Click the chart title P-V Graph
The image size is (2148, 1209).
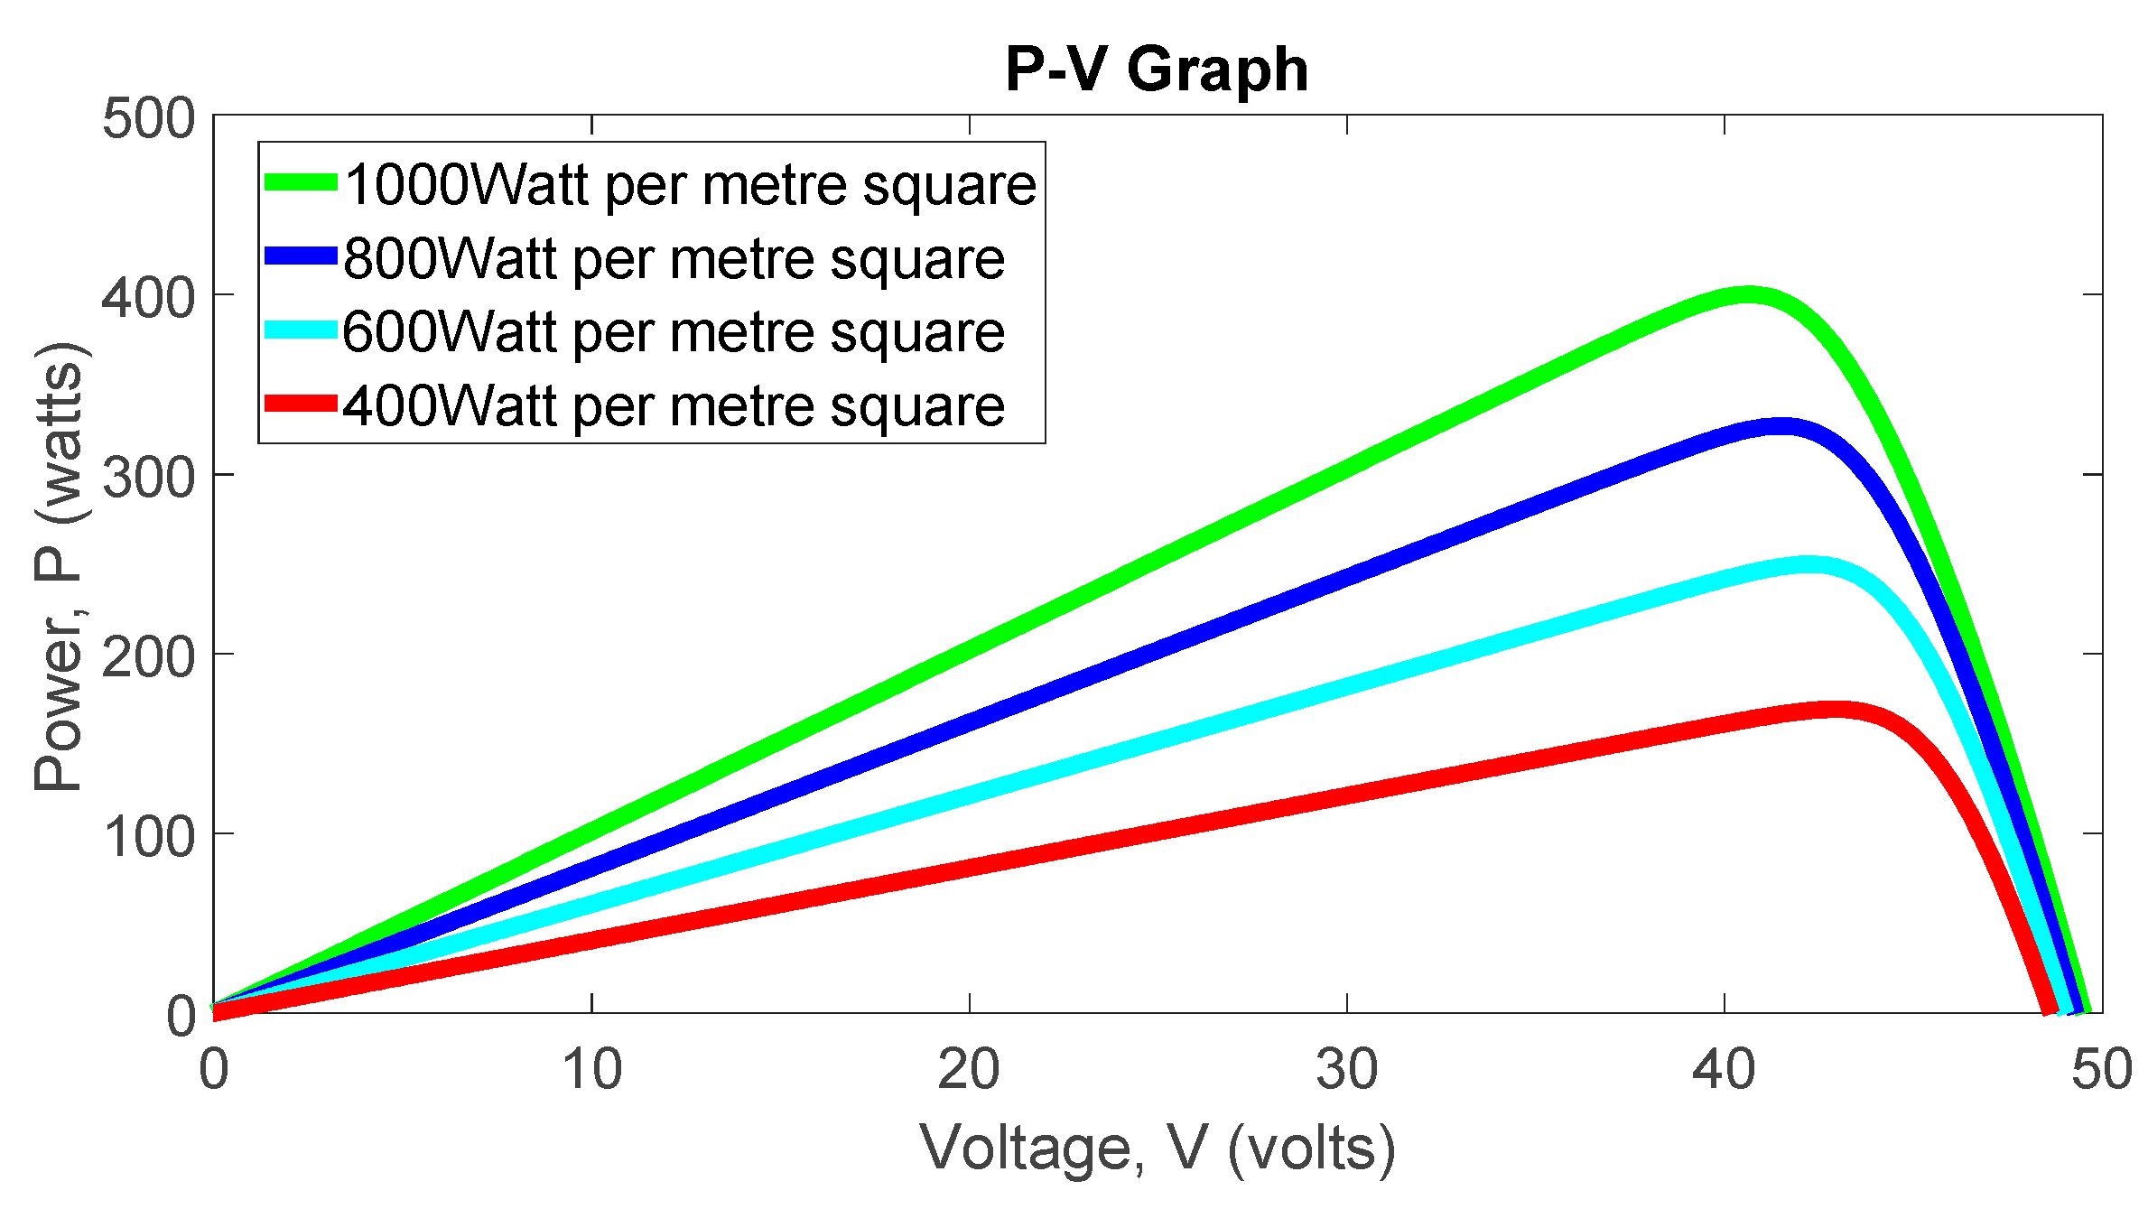(x=1157, y=70)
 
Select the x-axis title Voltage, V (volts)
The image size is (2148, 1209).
(x=1158, y=1148)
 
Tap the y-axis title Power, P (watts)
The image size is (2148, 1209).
(x=60, y=566)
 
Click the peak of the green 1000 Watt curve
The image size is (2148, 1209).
(x=1748, y=295)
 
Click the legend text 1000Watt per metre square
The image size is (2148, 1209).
(x=690, y=185)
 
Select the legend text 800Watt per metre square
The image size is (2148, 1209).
(x=674, y=258)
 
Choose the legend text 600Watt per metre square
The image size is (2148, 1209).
(x=674, y=331)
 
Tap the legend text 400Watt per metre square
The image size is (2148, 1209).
(x=674, y=405)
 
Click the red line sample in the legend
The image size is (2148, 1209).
(x=301, y=403)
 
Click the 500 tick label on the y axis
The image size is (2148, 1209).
(x=148, y=118)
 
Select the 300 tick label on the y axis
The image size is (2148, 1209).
(x=148, y=477)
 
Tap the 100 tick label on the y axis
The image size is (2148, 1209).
(x=148, y=836)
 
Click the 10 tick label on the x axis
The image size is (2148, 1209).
(x=591, y=1069)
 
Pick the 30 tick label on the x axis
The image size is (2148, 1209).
(x=1346, y=1069)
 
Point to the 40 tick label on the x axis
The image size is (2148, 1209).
(x=1724, y=1069)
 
